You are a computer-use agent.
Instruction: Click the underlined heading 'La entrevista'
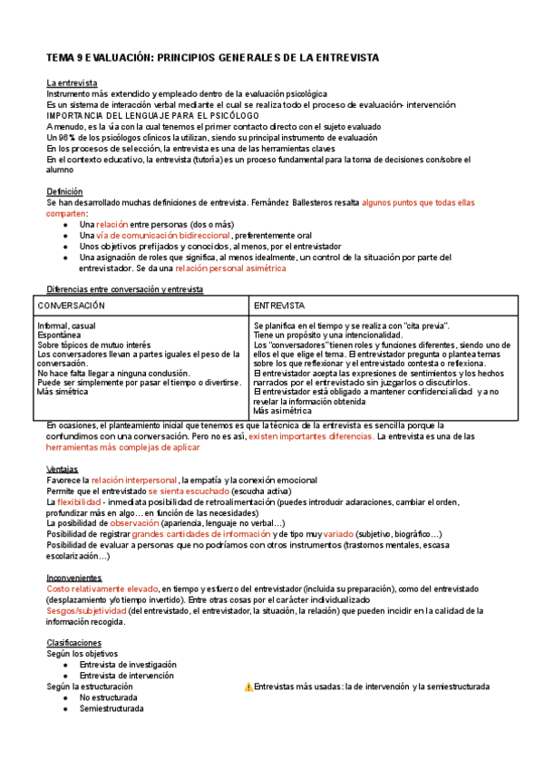(72, 83)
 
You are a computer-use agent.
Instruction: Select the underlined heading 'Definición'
(64, 191)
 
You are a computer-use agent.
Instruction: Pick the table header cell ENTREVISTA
(279, 306)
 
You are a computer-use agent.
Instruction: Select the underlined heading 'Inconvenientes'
(73, 578)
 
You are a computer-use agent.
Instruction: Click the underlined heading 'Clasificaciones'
(75, 642)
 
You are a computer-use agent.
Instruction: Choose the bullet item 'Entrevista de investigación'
(128, 665)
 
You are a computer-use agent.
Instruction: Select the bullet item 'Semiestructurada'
(112, 708)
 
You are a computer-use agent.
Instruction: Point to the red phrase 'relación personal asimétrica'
(230, 268)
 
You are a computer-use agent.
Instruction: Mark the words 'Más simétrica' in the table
(63, 391)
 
